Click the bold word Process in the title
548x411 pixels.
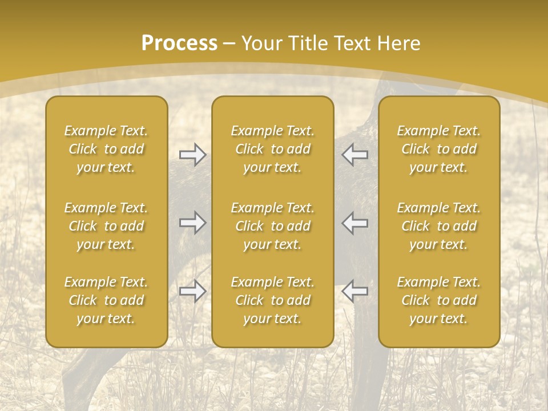pyautogui.click(x=179, y=43)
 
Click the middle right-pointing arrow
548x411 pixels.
pyautogui.click(x=193, y=223)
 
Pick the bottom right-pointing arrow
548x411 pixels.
pyautogui.click(x=193, y=291)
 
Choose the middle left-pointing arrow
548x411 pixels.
pyautogui.click(x=354, y=223)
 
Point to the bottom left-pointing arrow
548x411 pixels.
pyautogui.click(x=354, y=291)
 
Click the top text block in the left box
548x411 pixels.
pyautogui.click(x=106, y=149)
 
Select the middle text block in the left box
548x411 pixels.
pyautogui.click(x=106, y=226)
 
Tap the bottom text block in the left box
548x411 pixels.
pyautogui.click(x=106, y=300)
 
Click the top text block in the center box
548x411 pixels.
pyautogui.click(x=272, y=149)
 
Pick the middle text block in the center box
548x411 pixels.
pyautogui.click(x=272, y=226)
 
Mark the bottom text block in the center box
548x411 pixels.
pyautogui.click(x=272, y=300)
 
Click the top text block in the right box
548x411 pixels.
pyautogui.click(x=438, y=149)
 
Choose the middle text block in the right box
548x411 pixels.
pyautogui.click(x=438, y=226)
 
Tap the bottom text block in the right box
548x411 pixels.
pyautogui.click(x=438, y=300)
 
